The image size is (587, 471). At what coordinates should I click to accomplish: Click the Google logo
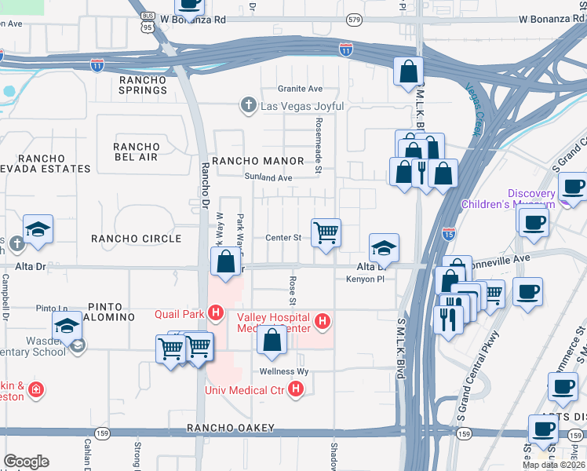point(26,462)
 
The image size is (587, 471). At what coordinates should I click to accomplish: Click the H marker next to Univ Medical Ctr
point(296,389)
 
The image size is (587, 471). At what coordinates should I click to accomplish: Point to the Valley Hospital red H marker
point(321,320)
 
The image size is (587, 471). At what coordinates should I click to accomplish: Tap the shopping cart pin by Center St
point(326,232)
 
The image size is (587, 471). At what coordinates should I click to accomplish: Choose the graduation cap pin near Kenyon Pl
point(384,247)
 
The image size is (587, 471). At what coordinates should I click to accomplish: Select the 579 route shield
point(355,19)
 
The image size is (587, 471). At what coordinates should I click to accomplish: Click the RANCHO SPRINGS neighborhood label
point(143,86)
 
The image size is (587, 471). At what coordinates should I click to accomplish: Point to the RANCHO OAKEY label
point(231,428)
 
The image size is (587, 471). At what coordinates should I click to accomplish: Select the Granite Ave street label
point(300,89)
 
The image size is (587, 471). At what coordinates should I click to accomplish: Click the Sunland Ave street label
point(268,178)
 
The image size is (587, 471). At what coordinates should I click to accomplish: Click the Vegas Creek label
point(472,110)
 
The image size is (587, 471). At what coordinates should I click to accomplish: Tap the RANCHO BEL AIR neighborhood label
point(137,152)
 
